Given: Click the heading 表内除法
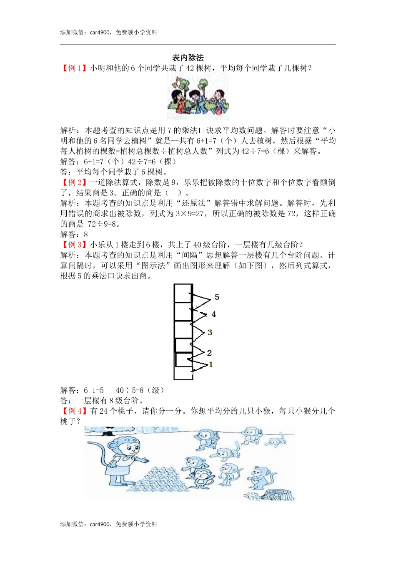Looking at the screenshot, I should tap(188, 58).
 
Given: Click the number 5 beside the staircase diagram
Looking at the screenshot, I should tap(217, 297).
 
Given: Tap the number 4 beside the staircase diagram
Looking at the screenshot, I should tap(214, 314).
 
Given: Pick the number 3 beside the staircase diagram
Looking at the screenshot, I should tap(210, 332).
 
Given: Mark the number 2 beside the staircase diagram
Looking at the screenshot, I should tap(209, 353).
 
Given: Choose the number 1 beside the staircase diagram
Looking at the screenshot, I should tap(211, 365).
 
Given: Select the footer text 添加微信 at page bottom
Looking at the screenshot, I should tap(72, 524).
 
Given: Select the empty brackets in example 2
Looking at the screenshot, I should tap(173, 193).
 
